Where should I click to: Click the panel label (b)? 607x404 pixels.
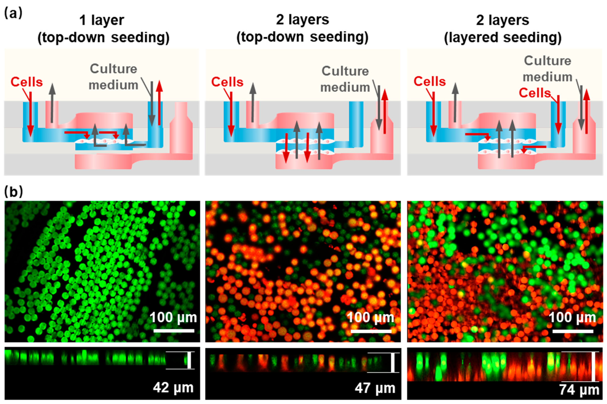pyautogui.click(x=14, y=192)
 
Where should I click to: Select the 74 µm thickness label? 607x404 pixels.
pyautogui.click(x=579, y=389)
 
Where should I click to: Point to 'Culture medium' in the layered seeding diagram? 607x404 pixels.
pyautogui.click(x=547, y=69)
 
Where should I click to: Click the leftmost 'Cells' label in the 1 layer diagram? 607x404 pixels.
pyautogui.click(x=27, y=82)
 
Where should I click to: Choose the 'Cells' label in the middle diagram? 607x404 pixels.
pyautogui.click(x=227, y=82)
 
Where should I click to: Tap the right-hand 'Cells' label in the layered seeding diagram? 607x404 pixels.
pyautogui.click(x=535, y=93)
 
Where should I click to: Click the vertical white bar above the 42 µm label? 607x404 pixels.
pyautogui.click(x=189, y=360)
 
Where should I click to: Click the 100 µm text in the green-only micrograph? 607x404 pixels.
pyautogui.click(x=173, y=317)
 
